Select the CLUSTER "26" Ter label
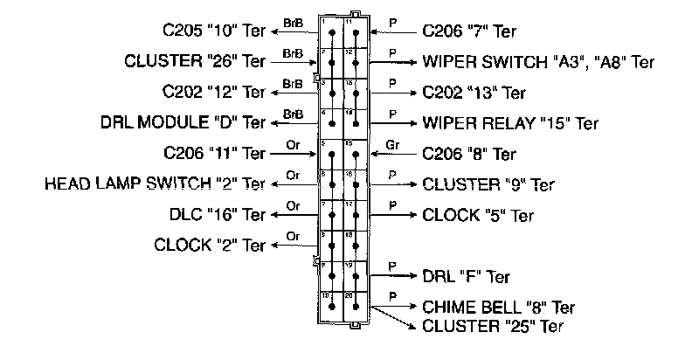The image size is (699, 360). [195, 62]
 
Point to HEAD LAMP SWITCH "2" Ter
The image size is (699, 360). [154, 184]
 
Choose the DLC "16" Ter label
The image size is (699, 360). [218, 215]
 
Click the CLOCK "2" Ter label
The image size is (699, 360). [209, 246]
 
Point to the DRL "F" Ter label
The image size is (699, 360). [467, 277]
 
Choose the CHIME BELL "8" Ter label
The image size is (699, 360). [498, 308]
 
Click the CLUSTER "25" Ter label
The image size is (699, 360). [492, 327]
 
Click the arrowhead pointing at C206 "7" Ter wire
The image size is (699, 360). [374, 31]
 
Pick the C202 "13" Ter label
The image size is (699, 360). [474, 93]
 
